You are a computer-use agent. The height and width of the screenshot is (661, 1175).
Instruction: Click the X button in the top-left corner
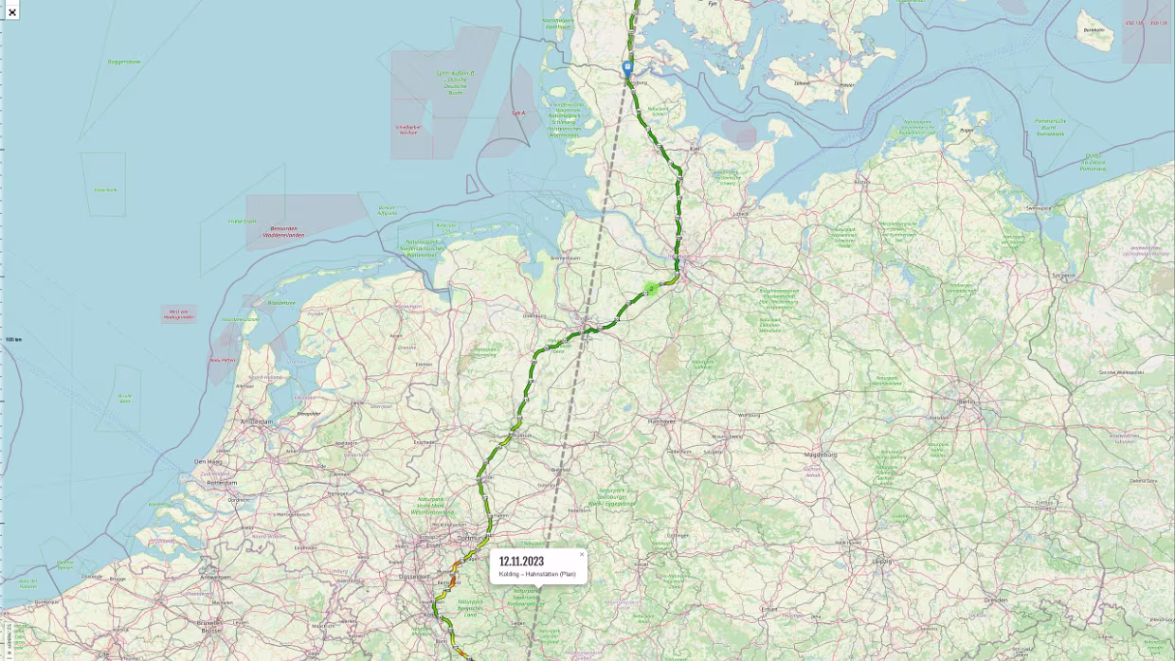point(11,11)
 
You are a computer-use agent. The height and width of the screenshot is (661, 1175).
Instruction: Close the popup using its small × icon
point(582,554)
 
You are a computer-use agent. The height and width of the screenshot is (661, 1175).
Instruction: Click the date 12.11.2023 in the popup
point(521,562)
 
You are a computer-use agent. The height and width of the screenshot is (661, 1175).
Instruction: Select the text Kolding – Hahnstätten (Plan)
point(536,574)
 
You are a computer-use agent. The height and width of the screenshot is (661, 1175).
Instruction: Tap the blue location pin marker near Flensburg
point(627,68)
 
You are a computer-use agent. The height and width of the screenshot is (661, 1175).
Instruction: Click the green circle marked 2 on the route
point(651,289)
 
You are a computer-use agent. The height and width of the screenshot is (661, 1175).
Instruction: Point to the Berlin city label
point(965,402)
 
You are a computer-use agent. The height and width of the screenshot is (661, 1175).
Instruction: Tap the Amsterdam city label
point(256,421)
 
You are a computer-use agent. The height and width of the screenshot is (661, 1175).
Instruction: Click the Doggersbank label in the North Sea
point(123,62)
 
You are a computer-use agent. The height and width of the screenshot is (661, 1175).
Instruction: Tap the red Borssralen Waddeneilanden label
point(283,231)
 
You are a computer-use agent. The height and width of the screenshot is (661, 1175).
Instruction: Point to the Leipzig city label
point(881,561)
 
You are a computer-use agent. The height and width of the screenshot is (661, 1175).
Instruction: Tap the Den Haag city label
point(208,462)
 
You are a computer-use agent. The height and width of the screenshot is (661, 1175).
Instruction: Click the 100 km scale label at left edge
point(13,339)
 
